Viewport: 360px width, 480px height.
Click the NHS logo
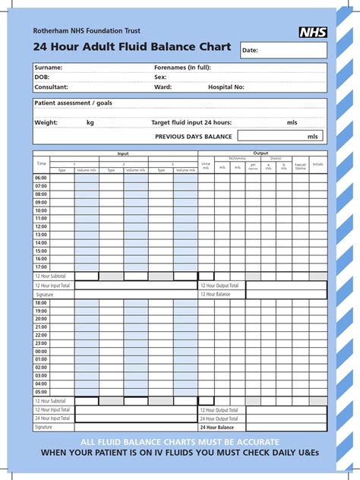313,32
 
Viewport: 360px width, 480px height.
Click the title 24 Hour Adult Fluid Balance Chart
131,48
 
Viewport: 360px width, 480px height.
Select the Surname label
48,68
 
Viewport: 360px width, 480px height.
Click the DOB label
41,77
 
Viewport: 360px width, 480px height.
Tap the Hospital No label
226,87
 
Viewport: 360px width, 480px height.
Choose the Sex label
160,77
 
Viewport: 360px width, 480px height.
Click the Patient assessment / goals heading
73,103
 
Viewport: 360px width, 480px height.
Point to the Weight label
46,122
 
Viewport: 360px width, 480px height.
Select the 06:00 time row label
41,178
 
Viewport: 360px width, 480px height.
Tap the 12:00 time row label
41,226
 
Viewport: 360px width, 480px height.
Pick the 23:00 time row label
41,343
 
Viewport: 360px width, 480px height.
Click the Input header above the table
124,153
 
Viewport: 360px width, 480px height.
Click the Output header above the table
261,153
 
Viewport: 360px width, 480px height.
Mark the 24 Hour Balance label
217,428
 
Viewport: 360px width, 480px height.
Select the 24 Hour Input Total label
52,418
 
